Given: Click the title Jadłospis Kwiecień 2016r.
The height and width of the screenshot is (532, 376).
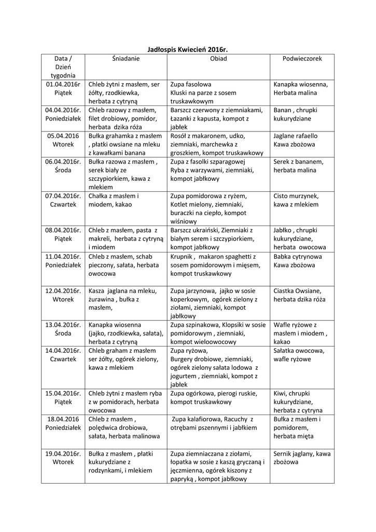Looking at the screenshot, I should pos(188,49).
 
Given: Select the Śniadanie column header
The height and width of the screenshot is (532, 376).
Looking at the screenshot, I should pos(126,59).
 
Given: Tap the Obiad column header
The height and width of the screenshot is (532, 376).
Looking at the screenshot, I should pos(218,59).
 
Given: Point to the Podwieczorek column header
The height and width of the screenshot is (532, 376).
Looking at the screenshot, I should pos(302,59).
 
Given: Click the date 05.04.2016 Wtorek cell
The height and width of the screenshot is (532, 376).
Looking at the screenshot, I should pos(62,140).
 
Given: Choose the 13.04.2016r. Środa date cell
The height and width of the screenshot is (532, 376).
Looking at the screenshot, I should pos(62,329).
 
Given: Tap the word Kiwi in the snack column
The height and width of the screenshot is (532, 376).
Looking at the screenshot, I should pos(280,393).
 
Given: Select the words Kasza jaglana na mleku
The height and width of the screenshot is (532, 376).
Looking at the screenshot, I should pos(122,290).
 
